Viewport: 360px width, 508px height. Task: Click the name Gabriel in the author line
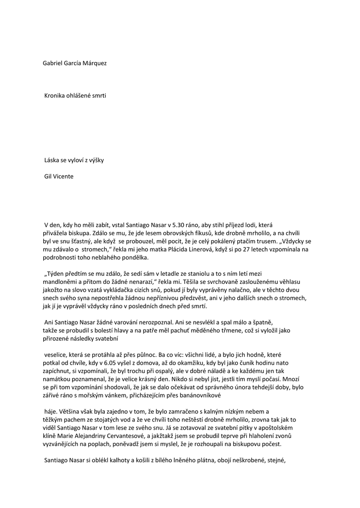click(54, 63)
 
